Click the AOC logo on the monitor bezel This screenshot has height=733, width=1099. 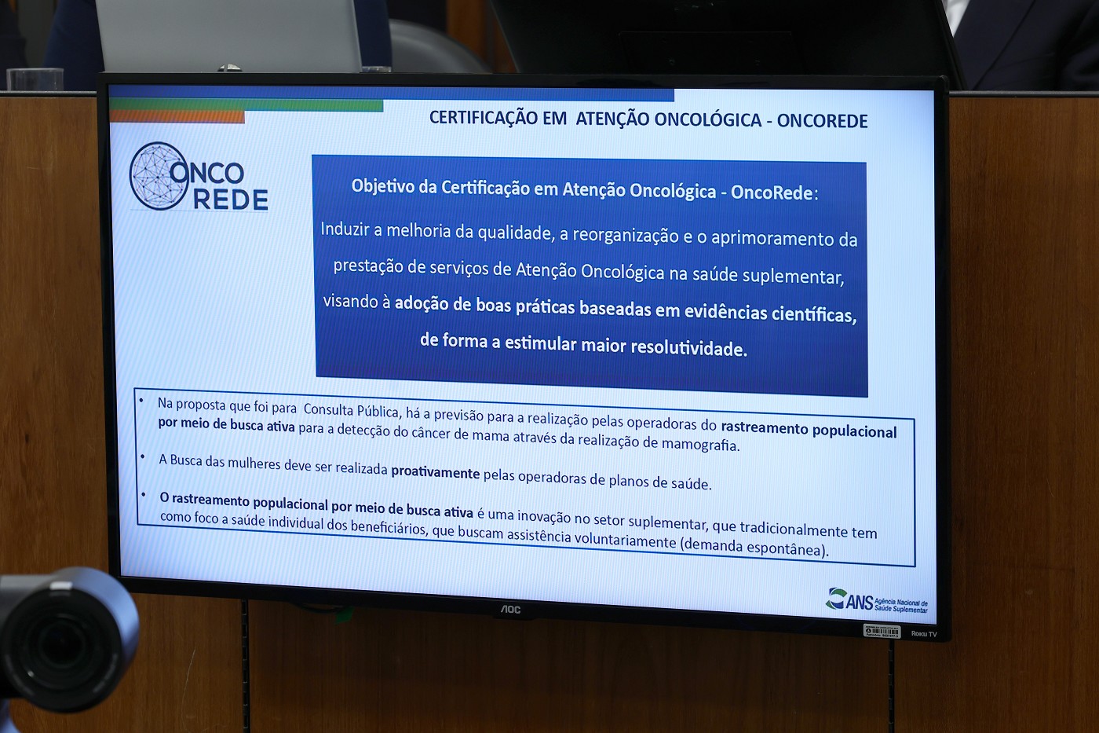click(x=510, y=610)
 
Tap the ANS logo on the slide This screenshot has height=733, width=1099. click(x=876, y=600)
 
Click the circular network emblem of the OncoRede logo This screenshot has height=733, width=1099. click(x=159, y=176)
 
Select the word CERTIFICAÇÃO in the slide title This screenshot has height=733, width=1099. click(x=498, y=118)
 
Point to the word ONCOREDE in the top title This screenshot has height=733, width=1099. click(x=823, y=121)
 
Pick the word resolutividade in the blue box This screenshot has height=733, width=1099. click(x=689, y=347)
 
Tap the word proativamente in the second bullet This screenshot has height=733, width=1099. click(x=435, y=472)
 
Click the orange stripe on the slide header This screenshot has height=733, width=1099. click(x=177, y=117)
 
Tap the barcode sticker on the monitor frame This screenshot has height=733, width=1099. click(x=882, y=631)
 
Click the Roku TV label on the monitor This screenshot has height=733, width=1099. click(x=924, y=634)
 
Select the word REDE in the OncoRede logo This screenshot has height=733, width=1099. click(x=231, y=199)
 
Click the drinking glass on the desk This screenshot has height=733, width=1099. click(x=35, y=79)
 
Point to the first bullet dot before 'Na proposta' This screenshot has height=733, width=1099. click(x=141, y=401)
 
